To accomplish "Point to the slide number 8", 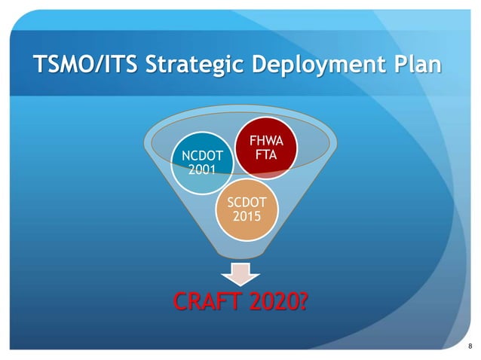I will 470,346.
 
